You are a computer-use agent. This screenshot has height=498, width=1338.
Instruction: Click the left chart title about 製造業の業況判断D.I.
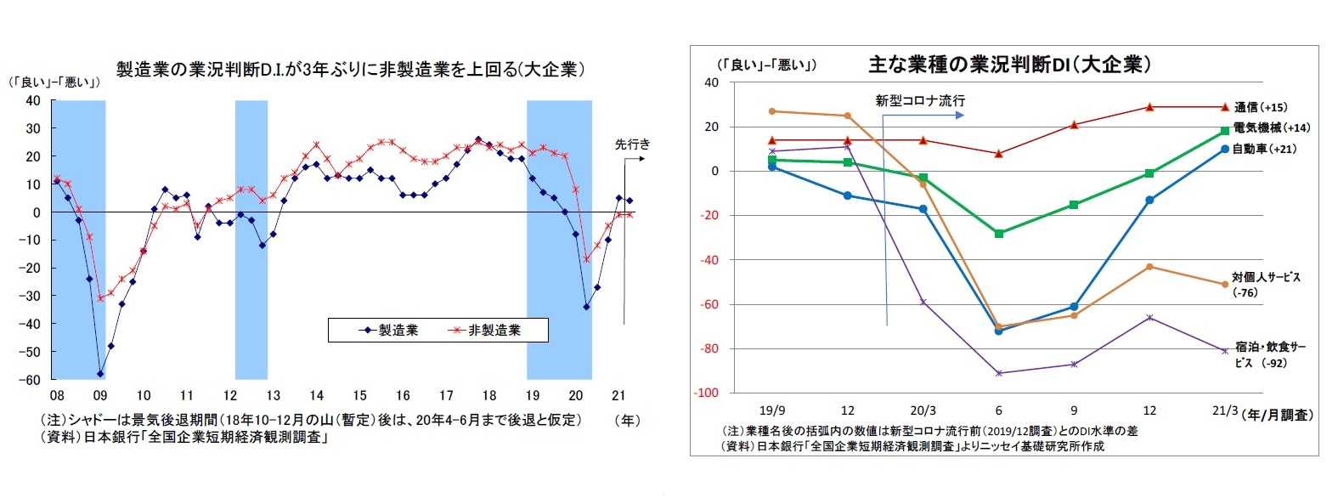pyautogui.click(x=350, y=70)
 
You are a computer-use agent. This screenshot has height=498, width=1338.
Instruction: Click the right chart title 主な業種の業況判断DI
pyautogui.click(x=1009, y=65)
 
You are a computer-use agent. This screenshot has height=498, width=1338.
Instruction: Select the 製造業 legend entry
pyautogui.click(x=388, y=330)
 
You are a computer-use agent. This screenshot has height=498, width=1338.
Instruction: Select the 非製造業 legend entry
pyautogui.click(x=485, y=330)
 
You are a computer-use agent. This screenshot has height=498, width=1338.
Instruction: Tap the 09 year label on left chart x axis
pyautogui.click(x=100, y=395)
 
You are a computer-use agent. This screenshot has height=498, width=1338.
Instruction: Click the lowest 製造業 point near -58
pyautogui.click(x=100, y=374)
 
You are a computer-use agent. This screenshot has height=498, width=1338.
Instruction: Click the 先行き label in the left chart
pyautogui.click(x=632, y=144)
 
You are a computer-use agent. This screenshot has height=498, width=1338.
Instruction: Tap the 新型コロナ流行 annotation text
pyautogui.click(x=920, y=100)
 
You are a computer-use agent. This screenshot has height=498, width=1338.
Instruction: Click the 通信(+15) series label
pyautogui.click(x=1260, y=107)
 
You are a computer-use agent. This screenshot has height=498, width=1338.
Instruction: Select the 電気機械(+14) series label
pyautogui.click(x=1271, y=127)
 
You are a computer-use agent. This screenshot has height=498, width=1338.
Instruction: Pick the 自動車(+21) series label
pyautogui.click(x=1264, y=149)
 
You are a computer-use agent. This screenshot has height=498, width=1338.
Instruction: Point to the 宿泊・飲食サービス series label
pyautogui.click(x=1270, y=354)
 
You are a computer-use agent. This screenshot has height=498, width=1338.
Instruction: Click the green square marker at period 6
pyautogui.click(x=999, y=233)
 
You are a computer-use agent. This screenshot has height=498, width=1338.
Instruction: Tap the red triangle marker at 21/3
pyautogui.click(x=1225, y=107)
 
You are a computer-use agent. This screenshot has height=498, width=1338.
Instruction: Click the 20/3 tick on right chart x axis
pyautogui.click(x=923, y=410)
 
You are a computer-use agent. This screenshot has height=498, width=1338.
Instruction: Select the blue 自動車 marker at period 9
pyautogui.click(x=1074, y=306)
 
